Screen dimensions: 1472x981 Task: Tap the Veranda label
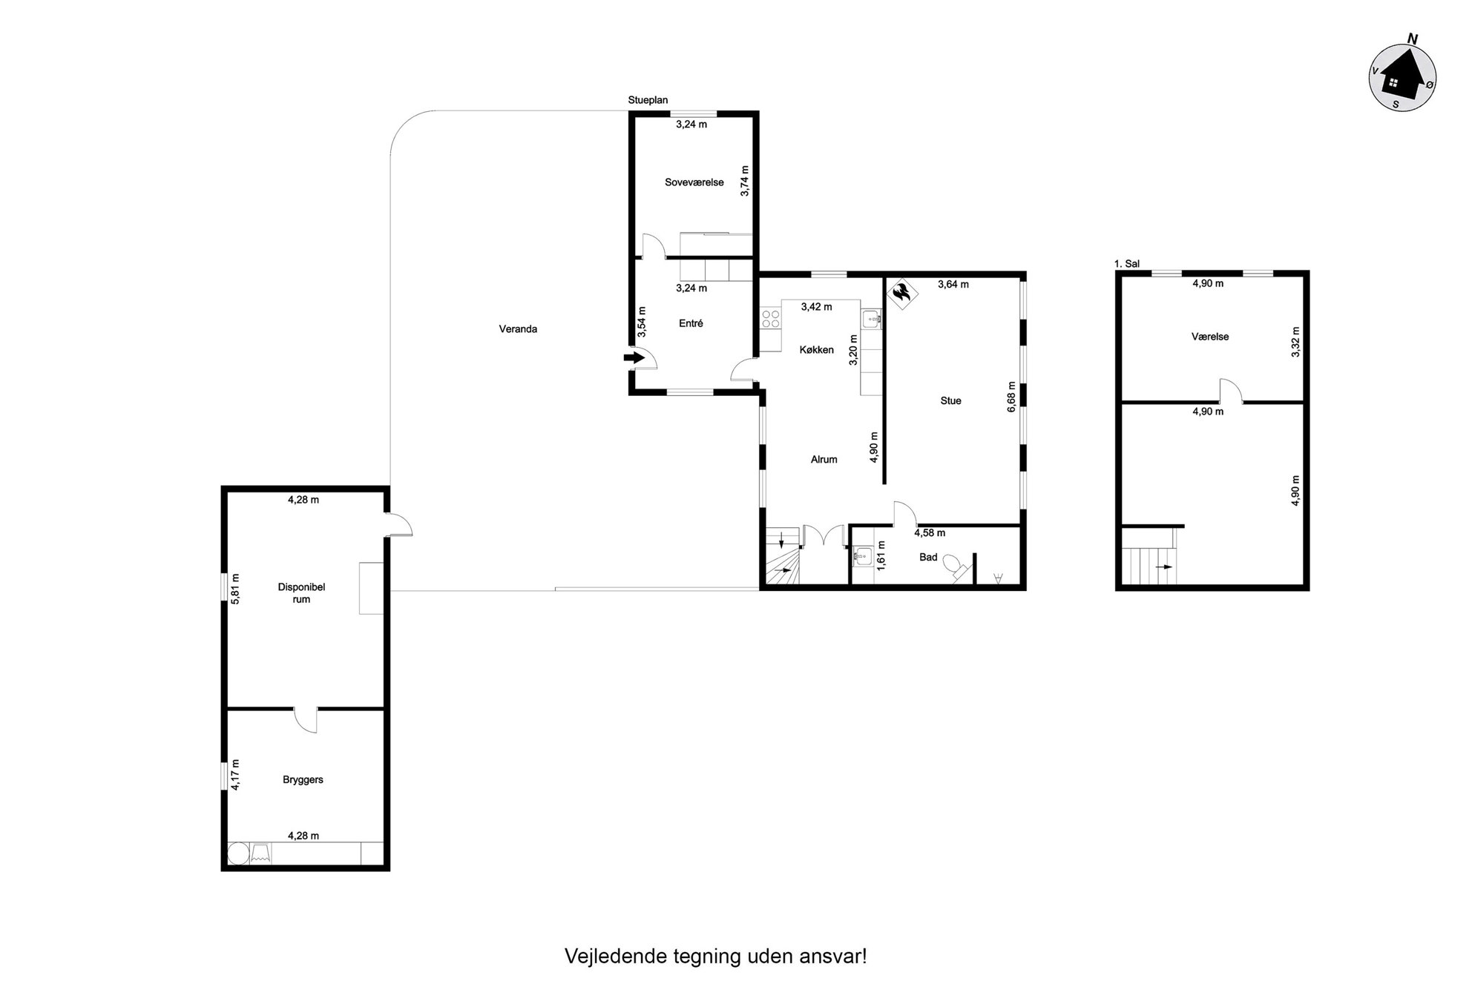point(518,329)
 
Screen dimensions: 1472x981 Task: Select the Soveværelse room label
point(694,182)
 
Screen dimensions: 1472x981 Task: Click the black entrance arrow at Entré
point(634,357)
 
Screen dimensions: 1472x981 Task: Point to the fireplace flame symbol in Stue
point(901,294)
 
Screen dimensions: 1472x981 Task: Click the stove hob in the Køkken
point(771,319)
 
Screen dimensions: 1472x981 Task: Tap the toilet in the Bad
point(957,567)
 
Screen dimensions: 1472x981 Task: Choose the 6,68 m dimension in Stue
point(1011,397)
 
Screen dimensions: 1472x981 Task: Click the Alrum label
point(824,460)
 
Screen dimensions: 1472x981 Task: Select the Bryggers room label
point(303,780)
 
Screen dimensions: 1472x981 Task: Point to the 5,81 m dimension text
point(235,589)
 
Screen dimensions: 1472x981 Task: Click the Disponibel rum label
point(301,593)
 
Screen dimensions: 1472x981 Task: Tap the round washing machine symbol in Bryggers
point(239,853)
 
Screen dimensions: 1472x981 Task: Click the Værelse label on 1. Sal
point(1210,337)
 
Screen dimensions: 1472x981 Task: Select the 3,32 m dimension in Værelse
point(1295,342)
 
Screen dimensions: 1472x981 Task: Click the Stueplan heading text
point(648,100)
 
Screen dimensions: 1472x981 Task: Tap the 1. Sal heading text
point(1127,263)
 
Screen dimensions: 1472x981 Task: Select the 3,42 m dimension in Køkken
point(816,307)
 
